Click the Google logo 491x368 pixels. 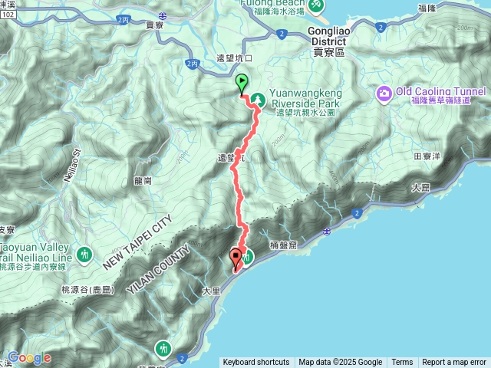coord(29,357)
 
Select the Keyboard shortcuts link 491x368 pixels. coord(256,362)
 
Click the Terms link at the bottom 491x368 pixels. coord(402,362)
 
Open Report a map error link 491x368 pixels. coord(453,362)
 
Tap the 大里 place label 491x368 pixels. coord(211,291)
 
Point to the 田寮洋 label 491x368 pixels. coord(427,155)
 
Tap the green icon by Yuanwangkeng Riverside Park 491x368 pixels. coord(259,99)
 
